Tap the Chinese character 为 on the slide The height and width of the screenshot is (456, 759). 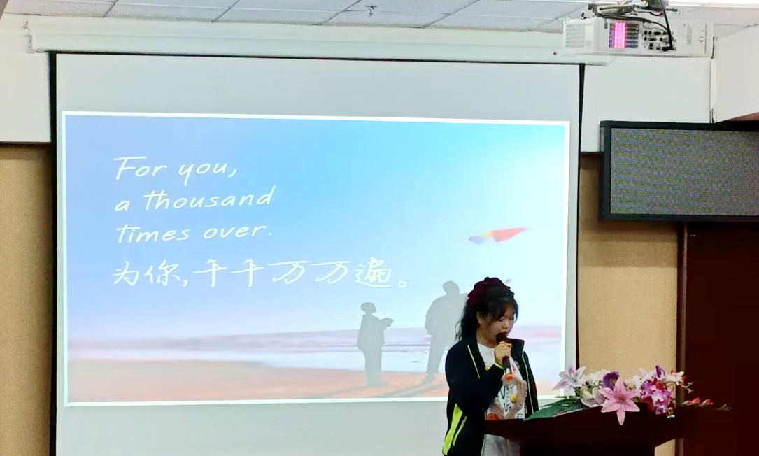pyautogui.click(x=126, y=273)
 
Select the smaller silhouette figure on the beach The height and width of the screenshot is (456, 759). pyautogui.click(x=373, y=343)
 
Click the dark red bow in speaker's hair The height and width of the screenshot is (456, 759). pyautogui.click(x=484, y=287)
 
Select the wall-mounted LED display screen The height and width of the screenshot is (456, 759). pyautogui.click(x=679, y=171)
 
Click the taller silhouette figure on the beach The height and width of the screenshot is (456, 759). pyautogui.click(x=441, y=329)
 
